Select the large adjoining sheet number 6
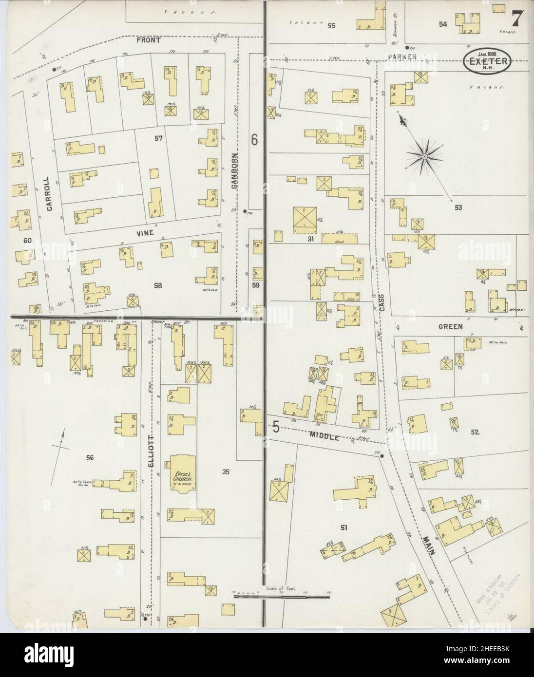[x=254, y=139]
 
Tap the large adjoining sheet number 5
[x=276, y=428]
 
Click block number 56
[x=90, y=457]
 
